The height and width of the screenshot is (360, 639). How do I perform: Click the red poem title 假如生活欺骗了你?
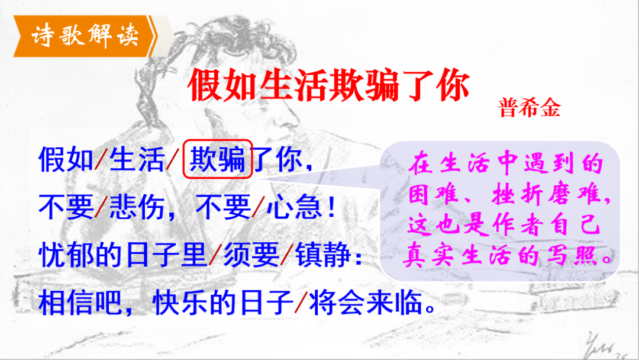coord(328,85)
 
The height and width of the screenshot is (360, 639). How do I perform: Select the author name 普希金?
coord(529,108)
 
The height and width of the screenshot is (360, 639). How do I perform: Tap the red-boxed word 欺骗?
coord(218,159)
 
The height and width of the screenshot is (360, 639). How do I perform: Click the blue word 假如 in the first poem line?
coord(66,159)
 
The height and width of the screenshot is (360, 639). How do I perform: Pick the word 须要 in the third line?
coord(251,255)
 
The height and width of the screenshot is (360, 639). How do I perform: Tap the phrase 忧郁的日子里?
coord(123,255)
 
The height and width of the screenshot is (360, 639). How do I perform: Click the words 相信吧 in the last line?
coord(80,303)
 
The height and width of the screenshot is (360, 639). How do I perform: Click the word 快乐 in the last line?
coord(180,303)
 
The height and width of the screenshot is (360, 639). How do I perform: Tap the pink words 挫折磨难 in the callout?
coord(547,195)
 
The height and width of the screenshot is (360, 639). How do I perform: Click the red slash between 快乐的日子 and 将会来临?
coord(301,303)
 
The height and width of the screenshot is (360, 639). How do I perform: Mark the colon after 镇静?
coord(358,257)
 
